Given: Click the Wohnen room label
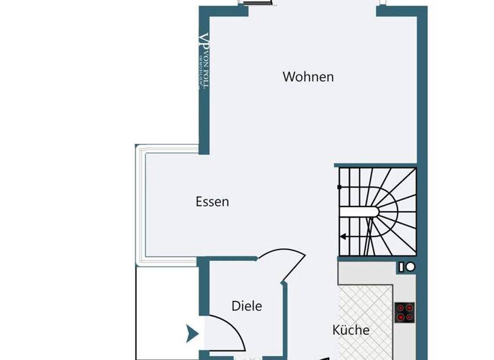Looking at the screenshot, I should pos(308,77).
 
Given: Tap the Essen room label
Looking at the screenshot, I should pos(212,202).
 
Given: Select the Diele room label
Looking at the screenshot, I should pos(247,306).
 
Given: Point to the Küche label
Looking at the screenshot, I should pos(351,330).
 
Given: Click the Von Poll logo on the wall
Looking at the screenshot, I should pos(204,61).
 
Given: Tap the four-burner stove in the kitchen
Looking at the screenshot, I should pos(405,312).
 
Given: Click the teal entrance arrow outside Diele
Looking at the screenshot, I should pos(191,333).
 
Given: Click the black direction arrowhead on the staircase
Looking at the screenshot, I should pos(343,237).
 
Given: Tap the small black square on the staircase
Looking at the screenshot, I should pos(340,187).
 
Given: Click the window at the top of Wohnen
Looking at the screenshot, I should pos(256,3).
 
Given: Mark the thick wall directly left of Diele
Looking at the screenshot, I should pos(203,289).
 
